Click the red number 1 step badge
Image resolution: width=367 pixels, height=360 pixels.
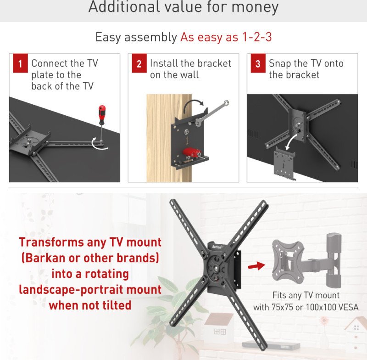point(20,63)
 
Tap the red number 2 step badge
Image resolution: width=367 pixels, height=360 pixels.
point(139,63)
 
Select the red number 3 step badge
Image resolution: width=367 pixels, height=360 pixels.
point(258,63)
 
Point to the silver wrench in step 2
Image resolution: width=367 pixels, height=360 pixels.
point(212,113)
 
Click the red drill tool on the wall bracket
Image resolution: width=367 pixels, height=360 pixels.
point(191,153)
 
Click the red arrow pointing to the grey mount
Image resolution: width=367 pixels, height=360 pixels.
point(256,265)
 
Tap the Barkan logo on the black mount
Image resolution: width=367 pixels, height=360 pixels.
point(217,247)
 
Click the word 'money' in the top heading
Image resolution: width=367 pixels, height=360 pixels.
point(255,7)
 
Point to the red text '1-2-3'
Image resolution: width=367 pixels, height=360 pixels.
point(257,37)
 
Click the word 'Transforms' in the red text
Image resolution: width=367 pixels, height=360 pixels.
point(51,242)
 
